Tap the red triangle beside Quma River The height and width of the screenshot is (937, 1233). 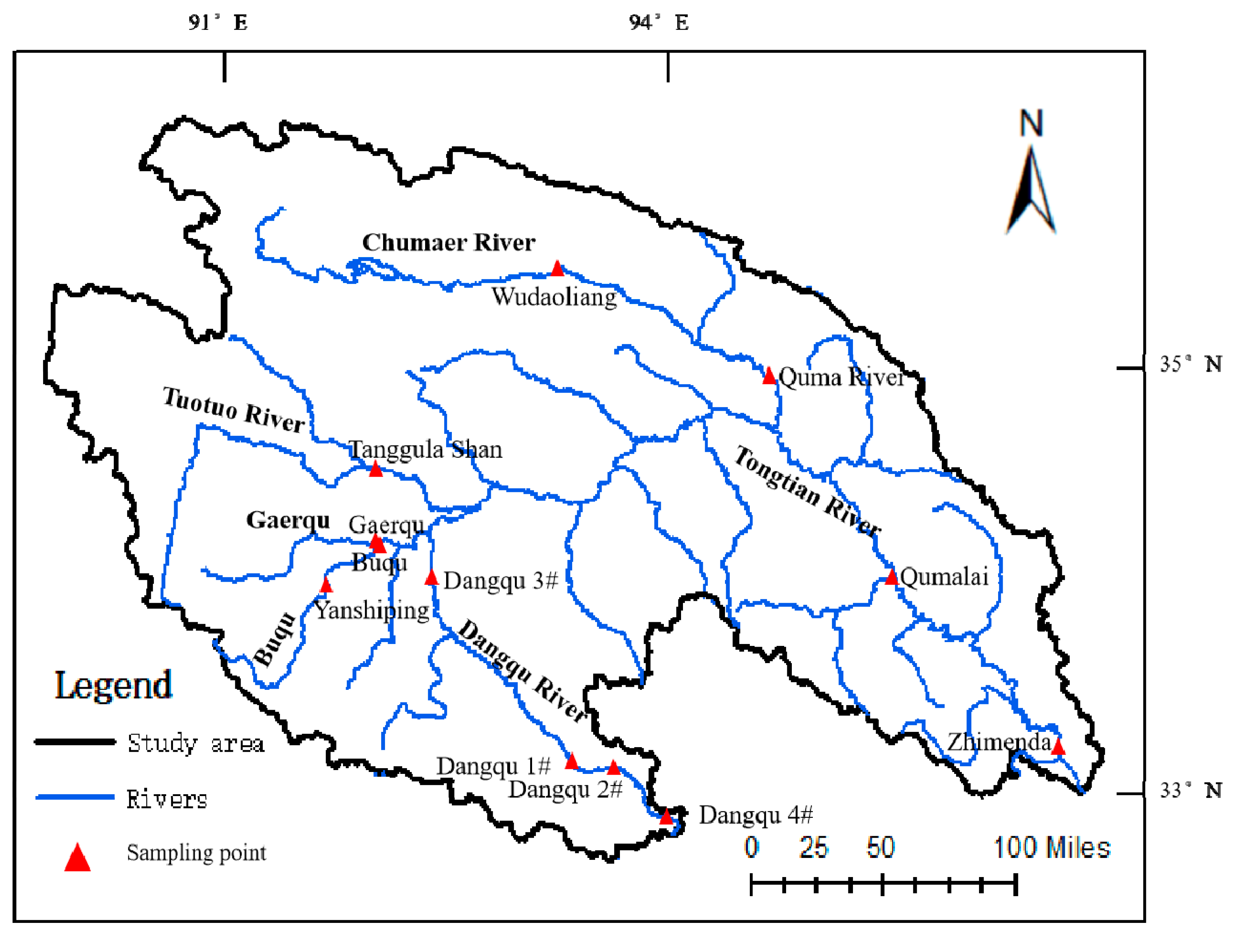point(769,376)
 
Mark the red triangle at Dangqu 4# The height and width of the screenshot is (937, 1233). point(666,817)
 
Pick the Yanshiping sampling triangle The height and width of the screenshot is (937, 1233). point(326,585)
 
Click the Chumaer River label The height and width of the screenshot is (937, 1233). point(448,243)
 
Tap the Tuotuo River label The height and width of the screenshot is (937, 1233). point(234,410)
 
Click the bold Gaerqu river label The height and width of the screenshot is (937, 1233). point(288,520)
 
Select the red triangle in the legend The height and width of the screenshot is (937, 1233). point(78,858)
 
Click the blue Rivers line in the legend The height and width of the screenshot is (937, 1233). point(75,797)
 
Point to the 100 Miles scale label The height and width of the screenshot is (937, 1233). point(1051,848)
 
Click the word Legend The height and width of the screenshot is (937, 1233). point(113,685)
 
